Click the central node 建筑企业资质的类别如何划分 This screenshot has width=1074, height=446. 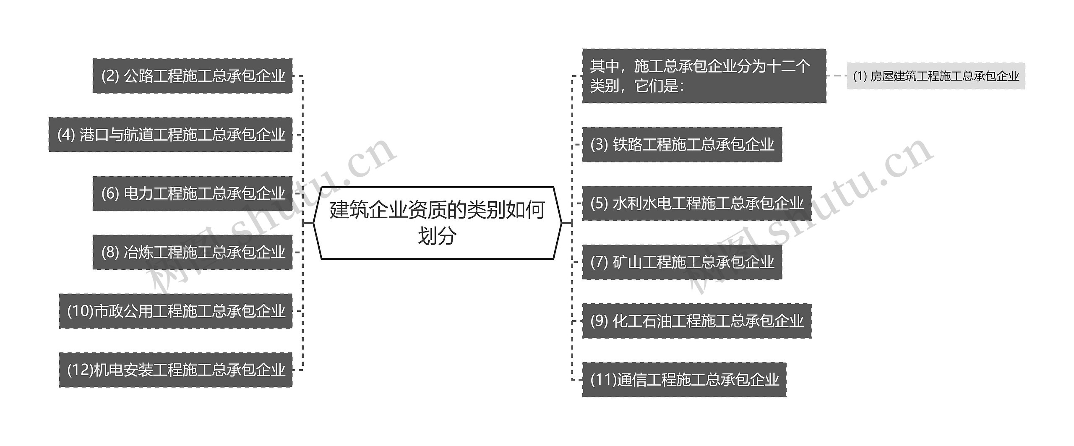pos(437,222)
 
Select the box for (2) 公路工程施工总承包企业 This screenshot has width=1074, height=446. pos(193,76)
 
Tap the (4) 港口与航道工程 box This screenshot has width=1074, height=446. pos(171,135)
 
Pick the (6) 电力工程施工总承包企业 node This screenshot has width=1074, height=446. pos(193,193)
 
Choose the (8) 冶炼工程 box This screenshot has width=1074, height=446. pos(193,252)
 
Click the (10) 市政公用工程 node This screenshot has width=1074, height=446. pos(176,311)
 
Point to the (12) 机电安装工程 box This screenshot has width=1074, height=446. pos(176,370)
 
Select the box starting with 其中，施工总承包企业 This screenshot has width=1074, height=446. pos(704,76)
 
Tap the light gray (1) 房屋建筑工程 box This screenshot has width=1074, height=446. pos(936,76)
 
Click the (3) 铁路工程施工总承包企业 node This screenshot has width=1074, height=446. pos(682,144)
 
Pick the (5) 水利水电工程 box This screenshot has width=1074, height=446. pos(696,203)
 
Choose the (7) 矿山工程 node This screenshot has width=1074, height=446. pos(682,262)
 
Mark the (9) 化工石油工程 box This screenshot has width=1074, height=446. pos(696,321)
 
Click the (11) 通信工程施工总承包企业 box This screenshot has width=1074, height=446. pos(684,380)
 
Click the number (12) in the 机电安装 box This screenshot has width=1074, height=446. pos(80,370)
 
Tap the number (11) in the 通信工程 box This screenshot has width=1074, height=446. pos(603,380)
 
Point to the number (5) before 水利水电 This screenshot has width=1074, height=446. pos(599,203)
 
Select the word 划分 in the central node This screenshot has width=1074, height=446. pos(437,236)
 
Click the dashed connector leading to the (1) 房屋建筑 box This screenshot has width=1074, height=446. pos(837,76)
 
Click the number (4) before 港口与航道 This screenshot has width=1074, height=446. pos(66,135)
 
